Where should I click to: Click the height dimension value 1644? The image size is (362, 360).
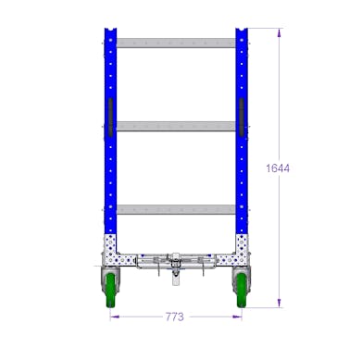278,168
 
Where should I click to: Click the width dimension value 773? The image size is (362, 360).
175,317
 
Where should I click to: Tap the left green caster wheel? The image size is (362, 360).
110,290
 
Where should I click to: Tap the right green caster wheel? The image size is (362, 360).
241,290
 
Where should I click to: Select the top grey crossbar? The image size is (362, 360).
176,43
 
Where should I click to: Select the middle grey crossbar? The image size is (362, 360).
176,126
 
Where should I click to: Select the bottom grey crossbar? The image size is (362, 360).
176,209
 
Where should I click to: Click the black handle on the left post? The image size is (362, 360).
111,118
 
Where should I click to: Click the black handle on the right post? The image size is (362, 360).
242,118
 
